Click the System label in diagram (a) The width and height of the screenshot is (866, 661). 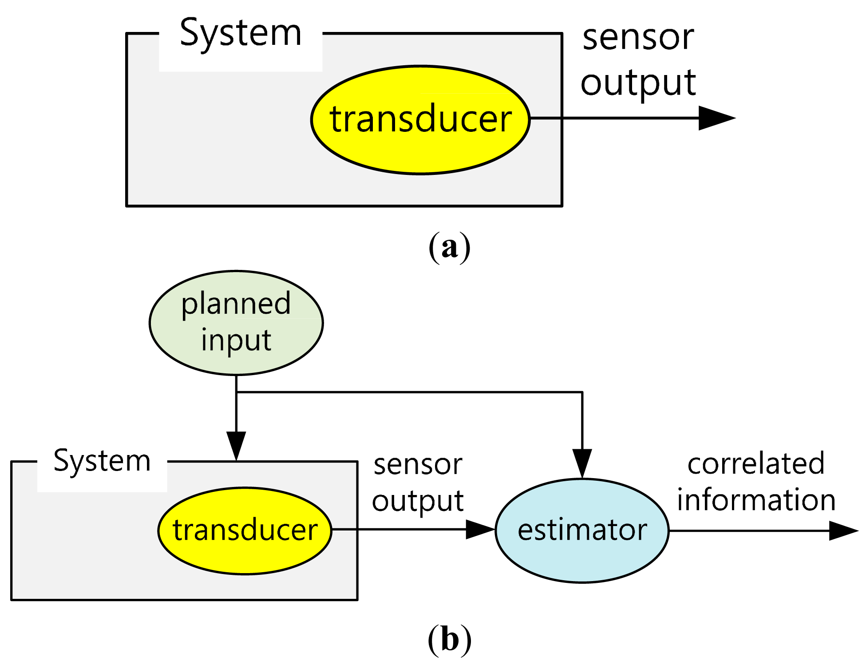pos(240,34)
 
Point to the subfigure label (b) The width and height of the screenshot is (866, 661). pos(449,640)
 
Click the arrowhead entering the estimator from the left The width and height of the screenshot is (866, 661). pos(479,529)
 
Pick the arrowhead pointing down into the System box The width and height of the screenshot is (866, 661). pos(236,445)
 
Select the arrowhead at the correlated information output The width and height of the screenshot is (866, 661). pos(842,530)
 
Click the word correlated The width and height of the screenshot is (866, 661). pos(756,464)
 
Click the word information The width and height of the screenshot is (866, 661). pos(756,500)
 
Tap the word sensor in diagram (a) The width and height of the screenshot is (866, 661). pos(638,38)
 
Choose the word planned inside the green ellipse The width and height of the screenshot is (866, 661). pos(236,305)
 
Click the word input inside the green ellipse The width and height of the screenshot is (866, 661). pos(236,340)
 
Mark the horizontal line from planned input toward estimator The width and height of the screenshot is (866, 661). pos(408,392)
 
